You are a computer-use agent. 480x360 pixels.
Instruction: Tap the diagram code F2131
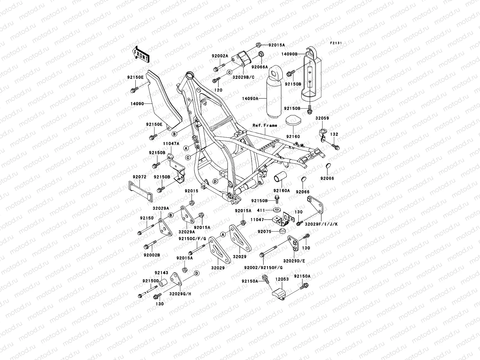click(x=336, y=43)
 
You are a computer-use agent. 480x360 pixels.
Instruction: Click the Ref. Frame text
click(x=265, y=125)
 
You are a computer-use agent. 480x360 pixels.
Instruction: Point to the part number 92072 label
click(x=139, y=177)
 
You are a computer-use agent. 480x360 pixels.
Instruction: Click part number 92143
click(x=161, y=273)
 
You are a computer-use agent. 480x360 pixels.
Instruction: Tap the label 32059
click(x=322, y=118)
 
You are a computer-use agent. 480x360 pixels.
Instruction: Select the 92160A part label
click(x=281, y=190)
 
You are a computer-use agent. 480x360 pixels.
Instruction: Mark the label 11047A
click(x=171, y=144)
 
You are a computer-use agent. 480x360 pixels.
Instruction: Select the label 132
click(x=334, y=134)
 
